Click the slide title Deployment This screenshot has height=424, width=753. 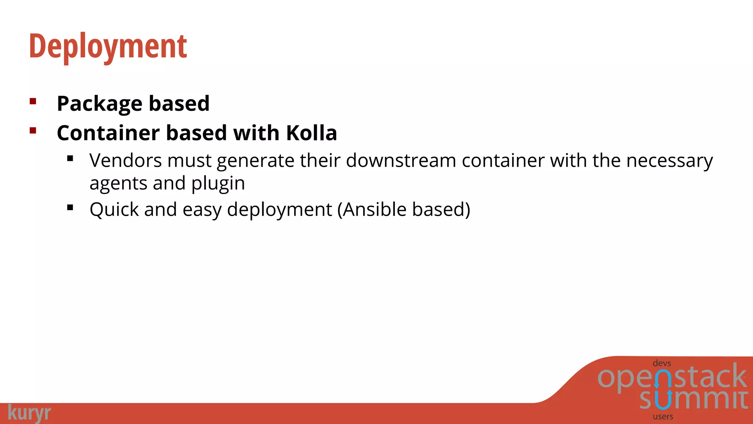coord(108,47)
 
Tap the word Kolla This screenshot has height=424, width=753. coord(311,133)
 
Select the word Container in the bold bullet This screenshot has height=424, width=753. coord(108,133)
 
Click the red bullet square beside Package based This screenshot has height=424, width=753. coord(33,101)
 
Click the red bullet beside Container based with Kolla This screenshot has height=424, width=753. coord(33,130)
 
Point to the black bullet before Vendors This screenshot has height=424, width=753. coord(70,159)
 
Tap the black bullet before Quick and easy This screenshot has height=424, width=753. coord(70,208)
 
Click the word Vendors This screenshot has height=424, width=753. coord(125,161)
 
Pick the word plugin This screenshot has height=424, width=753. coord(218,184)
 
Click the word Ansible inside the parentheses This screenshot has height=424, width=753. coord(375,209)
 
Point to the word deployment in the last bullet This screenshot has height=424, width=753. coord(279,210)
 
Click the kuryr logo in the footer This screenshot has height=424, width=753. coord(29,413)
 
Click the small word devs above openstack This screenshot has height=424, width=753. coord(662,363)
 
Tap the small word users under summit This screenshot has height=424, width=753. coord(663,417)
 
